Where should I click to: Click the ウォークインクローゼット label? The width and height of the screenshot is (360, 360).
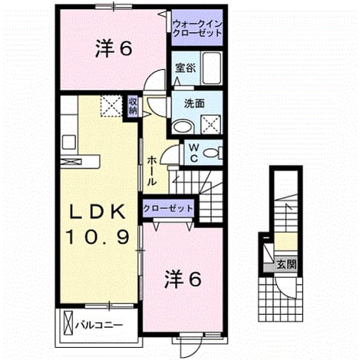(x=197, y=28)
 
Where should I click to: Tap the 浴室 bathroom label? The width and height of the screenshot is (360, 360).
(x=186, y=68)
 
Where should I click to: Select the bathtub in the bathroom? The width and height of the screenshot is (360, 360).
(x=211, y=68)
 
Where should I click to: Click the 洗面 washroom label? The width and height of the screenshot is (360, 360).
(x=194, y=104)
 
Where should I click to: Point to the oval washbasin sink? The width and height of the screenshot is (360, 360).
(x=182, y=127)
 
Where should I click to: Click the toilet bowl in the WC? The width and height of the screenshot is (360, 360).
(x=212, y=153)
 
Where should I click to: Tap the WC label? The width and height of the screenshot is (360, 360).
(x=194, y=153)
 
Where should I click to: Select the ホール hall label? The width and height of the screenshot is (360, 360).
(x=151, y=171)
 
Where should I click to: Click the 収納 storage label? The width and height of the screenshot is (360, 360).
(x=133, y=106)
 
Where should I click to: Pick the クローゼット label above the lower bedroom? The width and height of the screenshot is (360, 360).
(x=168, y=209)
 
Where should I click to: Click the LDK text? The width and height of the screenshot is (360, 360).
(x=97, y=212)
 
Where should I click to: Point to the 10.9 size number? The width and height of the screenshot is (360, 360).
(x=97, y=237)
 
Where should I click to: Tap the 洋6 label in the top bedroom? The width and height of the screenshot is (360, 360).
(x=114, y=48)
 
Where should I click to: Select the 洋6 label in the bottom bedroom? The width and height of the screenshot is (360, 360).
(x=183, y=279)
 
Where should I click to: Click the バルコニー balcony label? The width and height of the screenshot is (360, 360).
(x=99, y=325)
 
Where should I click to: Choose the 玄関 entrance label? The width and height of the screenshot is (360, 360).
(x=286, y=265)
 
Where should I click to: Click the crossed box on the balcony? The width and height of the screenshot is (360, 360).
(x=68, y=322)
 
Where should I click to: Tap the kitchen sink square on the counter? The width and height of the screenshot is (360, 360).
(x=69, y=142)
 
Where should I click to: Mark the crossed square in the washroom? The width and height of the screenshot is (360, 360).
(x=211, y=124)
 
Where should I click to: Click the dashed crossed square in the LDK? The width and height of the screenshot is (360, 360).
(x=111, y=106)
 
